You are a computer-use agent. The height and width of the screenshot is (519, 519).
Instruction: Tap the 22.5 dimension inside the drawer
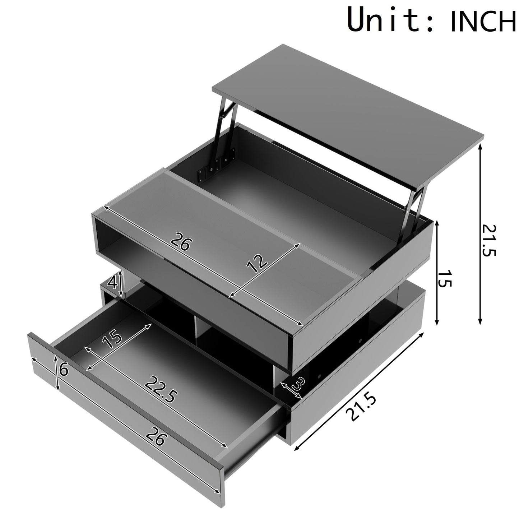(x=161, y=392)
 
